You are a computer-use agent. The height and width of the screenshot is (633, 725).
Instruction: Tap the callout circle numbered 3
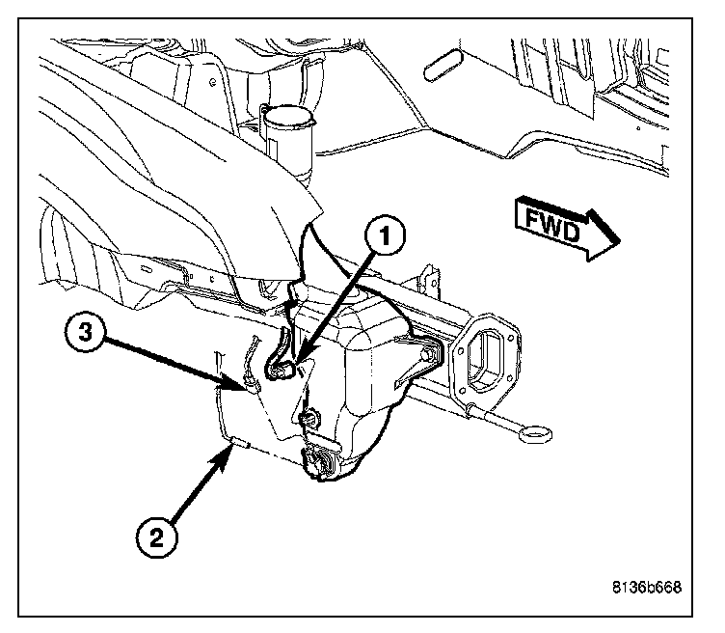coord(88,336)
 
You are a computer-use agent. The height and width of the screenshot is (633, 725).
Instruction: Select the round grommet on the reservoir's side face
coord(311,417)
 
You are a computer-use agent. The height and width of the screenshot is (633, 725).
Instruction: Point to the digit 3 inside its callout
coord(88,336)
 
